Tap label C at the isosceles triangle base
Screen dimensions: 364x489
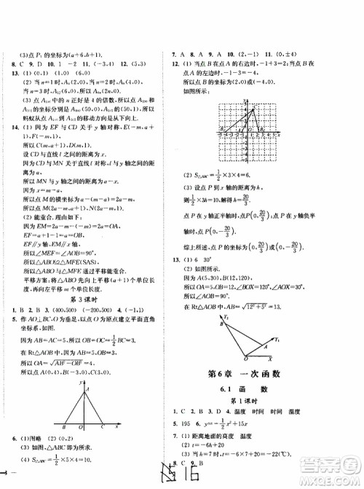click(115, 429)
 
